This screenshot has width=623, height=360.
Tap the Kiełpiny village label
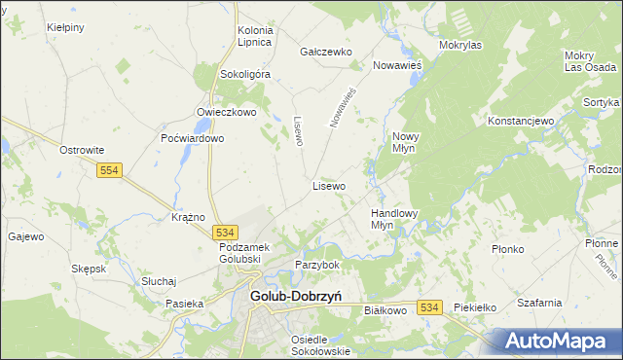tap(65, 27)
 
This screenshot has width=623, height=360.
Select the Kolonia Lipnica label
tap(255, 37)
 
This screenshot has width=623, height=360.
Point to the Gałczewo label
tap(325, 52)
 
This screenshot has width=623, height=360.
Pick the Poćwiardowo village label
tap(193, 138)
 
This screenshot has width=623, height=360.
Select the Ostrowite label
tap(82, 150)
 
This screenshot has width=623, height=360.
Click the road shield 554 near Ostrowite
tap(110, 170)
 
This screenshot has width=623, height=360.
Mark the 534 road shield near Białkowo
tap(431, 306)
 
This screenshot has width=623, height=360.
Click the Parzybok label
tap(317, 265)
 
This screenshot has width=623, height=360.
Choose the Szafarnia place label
tap(540, 303)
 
